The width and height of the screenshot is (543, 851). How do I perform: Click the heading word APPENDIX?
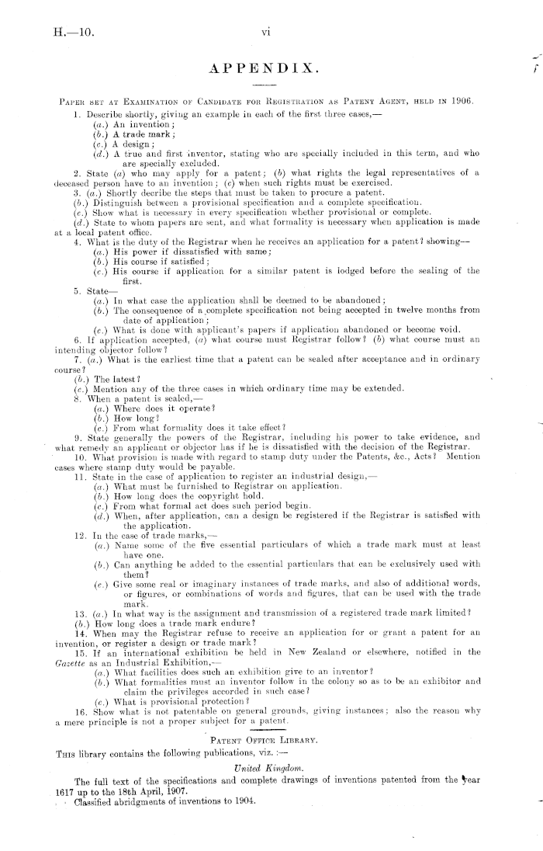pos(271,73)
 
